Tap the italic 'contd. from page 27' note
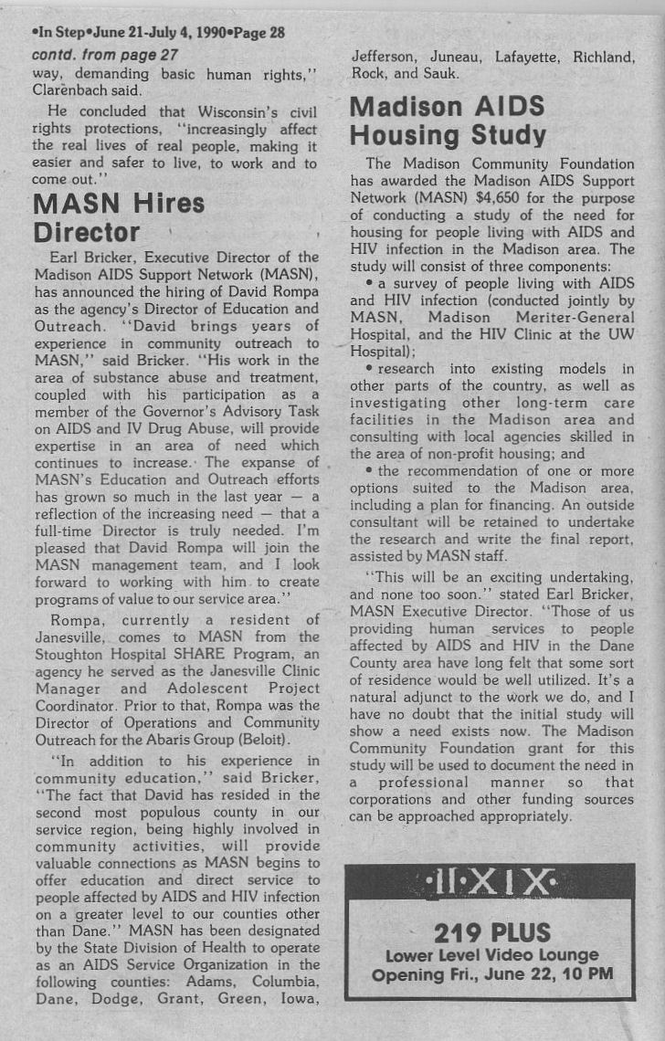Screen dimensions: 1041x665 click(x=104, y=55)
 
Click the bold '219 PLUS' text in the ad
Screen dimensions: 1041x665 click(x=492, y=932)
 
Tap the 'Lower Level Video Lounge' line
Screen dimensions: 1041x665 click(x=492, y=955)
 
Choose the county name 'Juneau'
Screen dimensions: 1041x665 click(x=449, y=57)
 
